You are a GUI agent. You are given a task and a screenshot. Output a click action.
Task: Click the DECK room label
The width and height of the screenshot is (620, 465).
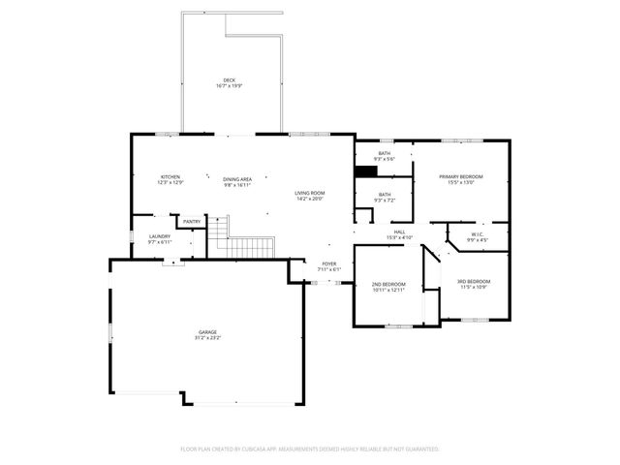[x=229, y=80]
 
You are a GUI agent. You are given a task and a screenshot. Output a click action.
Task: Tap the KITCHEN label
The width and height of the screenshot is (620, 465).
[x=170, y=177]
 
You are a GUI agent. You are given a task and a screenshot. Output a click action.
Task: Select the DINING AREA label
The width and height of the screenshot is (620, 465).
[x=237, y=179]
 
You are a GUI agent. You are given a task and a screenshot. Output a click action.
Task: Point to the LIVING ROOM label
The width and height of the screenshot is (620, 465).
[x=310, y=193]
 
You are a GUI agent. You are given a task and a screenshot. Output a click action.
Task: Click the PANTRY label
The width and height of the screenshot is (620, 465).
[x=192, y=222]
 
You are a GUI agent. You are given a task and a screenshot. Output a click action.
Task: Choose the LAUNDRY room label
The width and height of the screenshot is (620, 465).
[x=160, y=236]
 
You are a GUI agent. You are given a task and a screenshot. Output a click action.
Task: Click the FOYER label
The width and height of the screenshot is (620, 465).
[x=329, y=263]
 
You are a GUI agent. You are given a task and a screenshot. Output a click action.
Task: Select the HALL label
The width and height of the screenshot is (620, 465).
[x=399, y=232]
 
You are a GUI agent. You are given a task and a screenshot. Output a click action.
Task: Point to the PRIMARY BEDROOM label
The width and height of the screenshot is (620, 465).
[x=460, y=176]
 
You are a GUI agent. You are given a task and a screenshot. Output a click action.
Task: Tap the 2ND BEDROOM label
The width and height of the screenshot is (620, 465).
[x=388, y=285]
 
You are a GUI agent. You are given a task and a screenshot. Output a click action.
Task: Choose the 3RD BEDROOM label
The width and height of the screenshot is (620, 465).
[x=474, y=282]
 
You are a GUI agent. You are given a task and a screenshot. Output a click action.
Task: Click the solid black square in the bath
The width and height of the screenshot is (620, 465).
[x=365, y=171]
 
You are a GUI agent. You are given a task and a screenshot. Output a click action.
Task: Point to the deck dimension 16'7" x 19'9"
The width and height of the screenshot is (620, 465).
[x=229, y=86]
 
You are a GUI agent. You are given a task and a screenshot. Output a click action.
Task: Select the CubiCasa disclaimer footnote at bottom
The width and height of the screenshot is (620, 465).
[x=310, y=449]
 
